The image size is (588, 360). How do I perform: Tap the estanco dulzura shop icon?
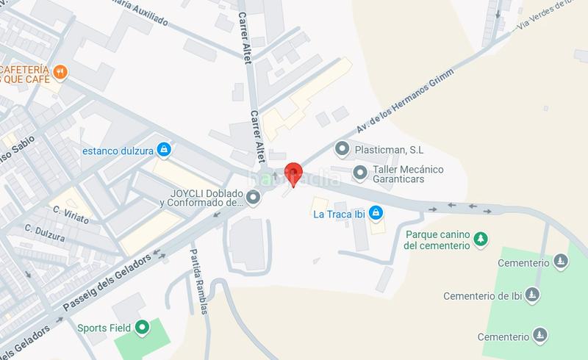[x=164, y=151]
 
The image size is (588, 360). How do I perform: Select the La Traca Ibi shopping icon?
[x=376, y=214]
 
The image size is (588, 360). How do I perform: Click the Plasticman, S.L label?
[x=390, y=150]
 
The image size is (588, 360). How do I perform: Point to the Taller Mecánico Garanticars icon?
[x=360, y=173]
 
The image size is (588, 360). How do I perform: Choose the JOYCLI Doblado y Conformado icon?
[x=254, y=197]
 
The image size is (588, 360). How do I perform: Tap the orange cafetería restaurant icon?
[x=61, y=73]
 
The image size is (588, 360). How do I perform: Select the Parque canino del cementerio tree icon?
[x=480, y=239]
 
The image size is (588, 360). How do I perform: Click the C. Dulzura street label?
[x=43, y=232]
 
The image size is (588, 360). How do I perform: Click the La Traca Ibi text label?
[x=338, y=215]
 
